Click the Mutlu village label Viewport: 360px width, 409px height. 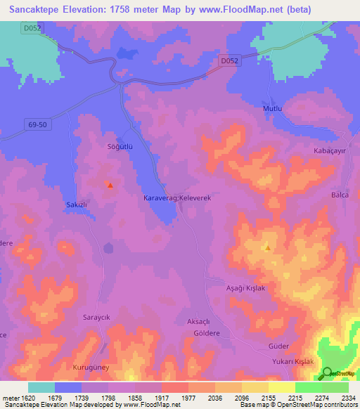[272, 110]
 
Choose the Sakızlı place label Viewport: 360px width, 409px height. [76, 203]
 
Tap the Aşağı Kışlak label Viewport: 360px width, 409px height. [245, 289]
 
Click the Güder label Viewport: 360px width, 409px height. [279, 347]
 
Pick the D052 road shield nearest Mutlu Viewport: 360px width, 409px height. [229, 61]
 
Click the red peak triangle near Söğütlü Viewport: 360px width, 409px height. [110, 186]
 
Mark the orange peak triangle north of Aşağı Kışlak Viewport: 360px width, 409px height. [267, 247]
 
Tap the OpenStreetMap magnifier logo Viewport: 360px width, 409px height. [328, 373]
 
